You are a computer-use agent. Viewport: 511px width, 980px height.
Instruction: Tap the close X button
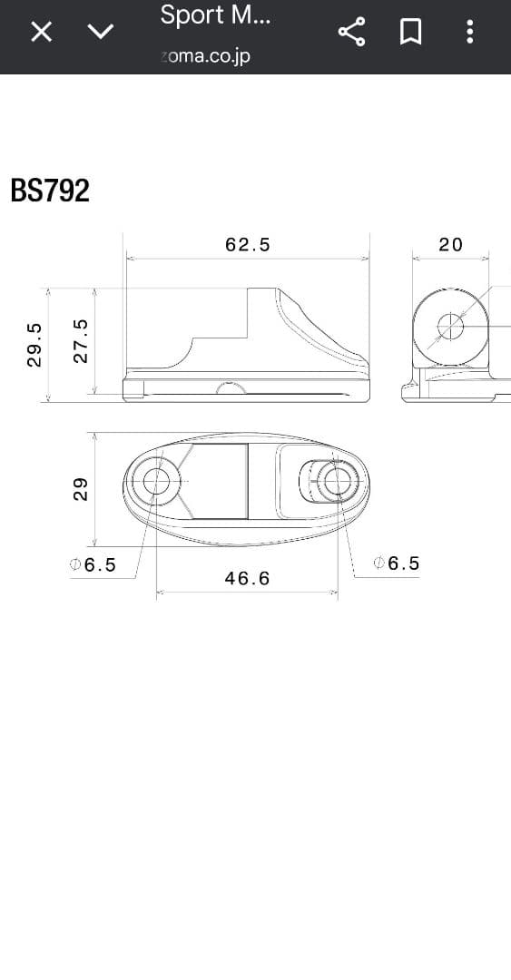pos(41,33)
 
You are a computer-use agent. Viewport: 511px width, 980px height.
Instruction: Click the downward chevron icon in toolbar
pos(100,32)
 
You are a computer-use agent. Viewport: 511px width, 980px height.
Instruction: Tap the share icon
pos(351,33)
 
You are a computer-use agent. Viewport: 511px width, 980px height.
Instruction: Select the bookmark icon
pos(410,33)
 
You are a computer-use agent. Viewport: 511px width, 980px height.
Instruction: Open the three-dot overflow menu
pos(469,33)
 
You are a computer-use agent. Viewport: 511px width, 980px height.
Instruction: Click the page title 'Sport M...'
pos(215,15)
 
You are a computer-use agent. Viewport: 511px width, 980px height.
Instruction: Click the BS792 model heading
pos(50,191)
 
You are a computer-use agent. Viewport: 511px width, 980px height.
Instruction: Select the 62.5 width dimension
pos(247,245)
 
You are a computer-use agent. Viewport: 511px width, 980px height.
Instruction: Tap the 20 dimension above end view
pos(450,245)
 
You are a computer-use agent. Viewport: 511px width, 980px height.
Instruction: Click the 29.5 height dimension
pos(35,345)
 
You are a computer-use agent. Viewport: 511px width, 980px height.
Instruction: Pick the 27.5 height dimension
pos(81,341)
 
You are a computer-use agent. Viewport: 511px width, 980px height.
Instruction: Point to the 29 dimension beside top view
pos(81,489)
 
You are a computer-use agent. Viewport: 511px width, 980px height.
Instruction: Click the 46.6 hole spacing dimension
pos(247,578)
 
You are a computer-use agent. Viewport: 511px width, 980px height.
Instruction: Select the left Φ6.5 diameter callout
pos(93,564)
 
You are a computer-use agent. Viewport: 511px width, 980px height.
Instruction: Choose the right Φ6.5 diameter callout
pos(398,563)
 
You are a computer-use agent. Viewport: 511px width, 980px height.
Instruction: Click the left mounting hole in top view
pos(157,481)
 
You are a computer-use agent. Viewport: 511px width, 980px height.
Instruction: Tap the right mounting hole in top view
pos(337,481)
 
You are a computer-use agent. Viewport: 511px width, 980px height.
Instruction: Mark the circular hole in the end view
pos(450,327)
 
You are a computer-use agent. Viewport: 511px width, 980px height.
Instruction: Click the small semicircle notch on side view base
pos(231,389)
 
